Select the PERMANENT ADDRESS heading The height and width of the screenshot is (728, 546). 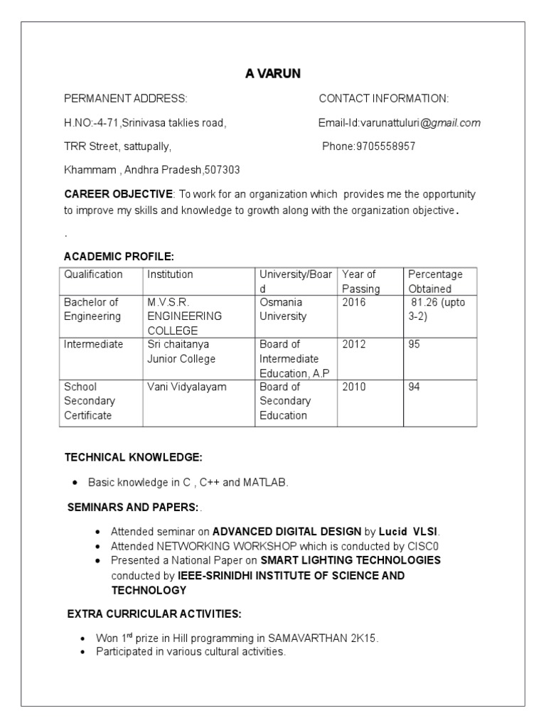tap(126, 99)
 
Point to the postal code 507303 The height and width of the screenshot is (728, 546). tap(222, 171)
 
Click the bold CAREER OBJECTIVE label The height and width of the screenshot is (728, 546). tap(118, 194)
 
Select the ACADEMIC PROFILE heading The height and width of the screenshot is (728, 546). tap(119, 256)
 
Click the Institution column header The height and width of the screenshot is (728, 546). tap(170, 274)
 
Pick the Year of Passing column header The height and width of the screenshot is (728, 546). tap(360, 282)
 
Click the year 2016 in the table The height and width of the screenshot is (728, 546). tap(354, 302)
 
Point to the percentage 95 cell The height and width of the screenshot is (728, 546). tap(414, 344)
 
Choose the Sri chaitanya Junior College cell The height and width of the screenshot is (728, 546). tap(181, 351)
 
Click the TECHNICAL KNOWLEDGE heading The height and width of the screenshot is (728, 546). tap(134, 456)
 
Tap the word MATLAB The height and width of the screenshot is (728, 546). tap(265, 482)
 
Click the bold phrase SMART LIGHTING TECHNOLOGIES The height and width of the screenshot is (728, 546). tap(350, 560)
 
